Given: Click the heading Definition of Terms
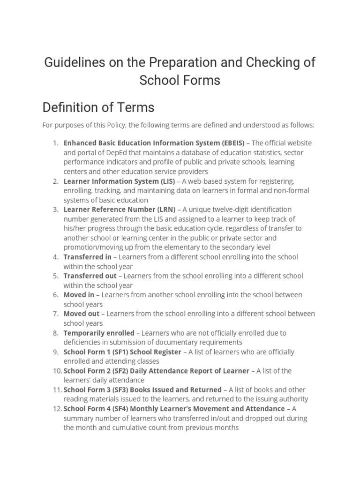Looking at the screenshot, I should (x=98, y=107).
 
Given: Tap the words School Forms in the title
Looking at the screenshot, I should (x=180, y=80).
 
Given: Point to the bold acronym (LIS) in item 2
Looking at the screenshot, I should (x=167, y=181).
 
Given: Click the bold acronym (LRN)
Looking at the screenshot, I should (x=166, y=210).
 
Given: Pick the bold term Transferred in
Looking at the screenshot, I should (x=88, y=257).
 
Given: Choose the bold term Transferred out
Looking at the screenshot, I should (x=90, y=276).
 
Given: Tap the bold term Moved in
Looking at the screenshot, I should (x=79, y=295).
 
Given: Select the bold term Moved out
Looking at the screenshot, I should (x=82, y=314).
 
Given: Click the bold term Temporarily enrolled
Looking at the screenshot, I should (x=99, y=333).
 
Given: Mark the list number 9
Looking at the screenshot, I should (x=55, y=352).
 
